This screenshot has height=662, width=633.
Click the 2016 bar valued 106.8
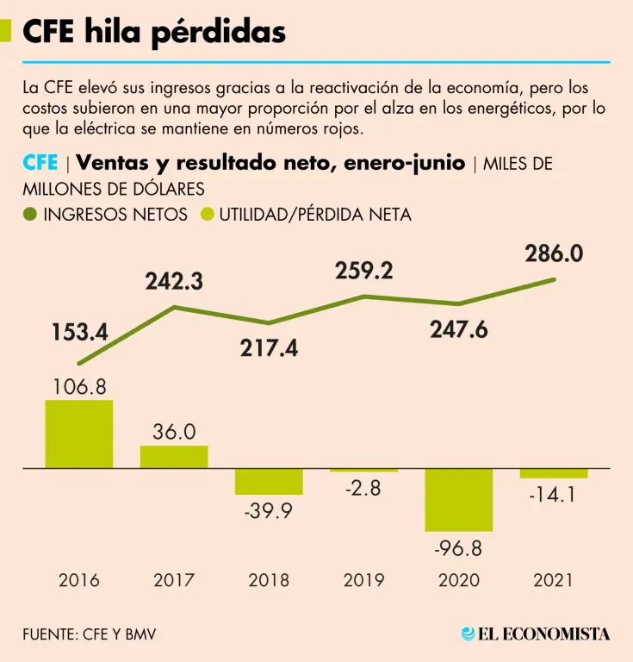(x=79, y=434)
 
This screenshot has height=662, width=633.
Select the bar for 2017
(x=174, y=457)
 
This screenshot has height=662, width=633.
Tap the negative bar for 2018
(x=269, y=481)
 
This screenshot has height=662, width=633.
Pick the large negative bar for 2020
(x=458, y=500)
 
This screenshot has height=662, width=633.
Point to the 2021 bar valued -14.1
(x=553, y=473)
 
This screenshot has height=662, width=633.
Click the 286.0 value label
(x=555, y=253)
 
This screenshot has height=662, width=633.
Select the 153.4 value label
(x=78, y=333)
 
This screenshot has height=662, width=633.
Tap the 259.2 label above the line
(x=364, y=272)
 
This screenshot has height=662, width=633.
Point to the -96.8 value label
(x=458, y=550)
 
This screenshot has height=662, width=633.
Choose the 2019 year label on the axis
(x=363, y=580)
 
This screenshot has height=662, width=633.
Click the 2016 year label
(x=79, y=580)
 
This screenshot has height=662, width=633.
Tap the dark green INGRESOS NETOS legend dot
(x=31, y=215)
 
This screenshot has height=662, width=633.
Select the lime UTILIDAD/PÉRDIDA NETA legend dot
(x=207, y=215)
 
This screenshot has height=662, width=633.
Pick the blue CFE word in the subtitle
(x=40, y=164)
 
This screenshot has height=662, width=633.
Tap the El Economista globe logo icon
(x=469, y=634)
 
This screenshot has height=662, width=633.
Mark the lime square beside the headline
(x=6, y=32)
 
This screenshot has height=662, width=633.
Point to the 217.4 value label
(x=270, y=348)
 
